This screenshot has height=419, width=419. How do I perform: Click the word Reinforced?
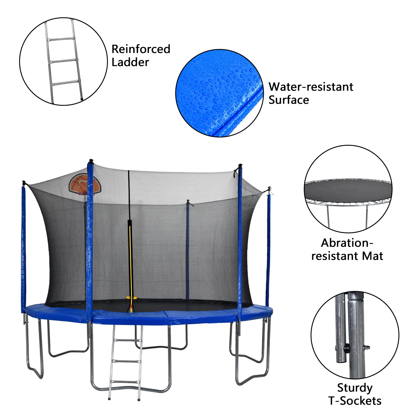(141, 49)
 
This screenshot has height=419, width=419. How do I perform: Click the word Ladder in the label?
(130, 63)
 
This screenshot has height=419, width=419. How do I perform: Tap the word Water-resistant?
(311, 87)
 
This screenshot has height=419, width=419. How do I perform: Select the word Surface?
(289, 100)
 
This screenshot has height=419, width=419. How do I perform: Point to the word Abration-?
(347, 243)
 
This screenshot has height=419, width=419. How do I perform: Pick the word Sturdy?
(355, 388)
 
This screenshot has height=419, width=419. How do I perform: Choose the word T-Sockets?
(355, 401)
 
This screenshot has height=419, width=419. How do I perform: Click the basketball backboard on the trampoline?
(84, 184)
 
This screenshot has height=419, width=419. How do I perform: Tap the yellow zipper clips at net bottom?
(131, 298)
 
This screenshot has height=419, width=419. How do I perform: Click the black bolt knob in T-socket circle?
(346, 348)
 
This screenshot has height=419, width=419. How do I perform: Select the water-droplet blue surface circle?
(219, 93)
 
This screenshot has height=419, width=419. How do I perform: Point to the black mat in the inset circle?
(348, 191)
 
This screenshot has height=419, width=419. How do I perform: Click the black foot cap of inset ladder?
(82, 99)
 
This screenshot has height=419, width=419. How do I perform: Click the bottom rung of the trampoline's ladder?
(125, 382)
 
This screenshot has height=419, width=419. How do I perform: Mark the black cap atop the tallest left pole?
(91, 161)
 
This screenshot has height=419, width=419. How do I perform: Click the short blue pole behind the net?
(188, 249)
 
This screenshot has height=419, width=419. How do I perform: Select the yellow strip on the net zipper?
(130, 259)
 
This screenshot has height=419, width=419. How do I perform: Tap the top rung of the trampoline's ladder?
(128, 340)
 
